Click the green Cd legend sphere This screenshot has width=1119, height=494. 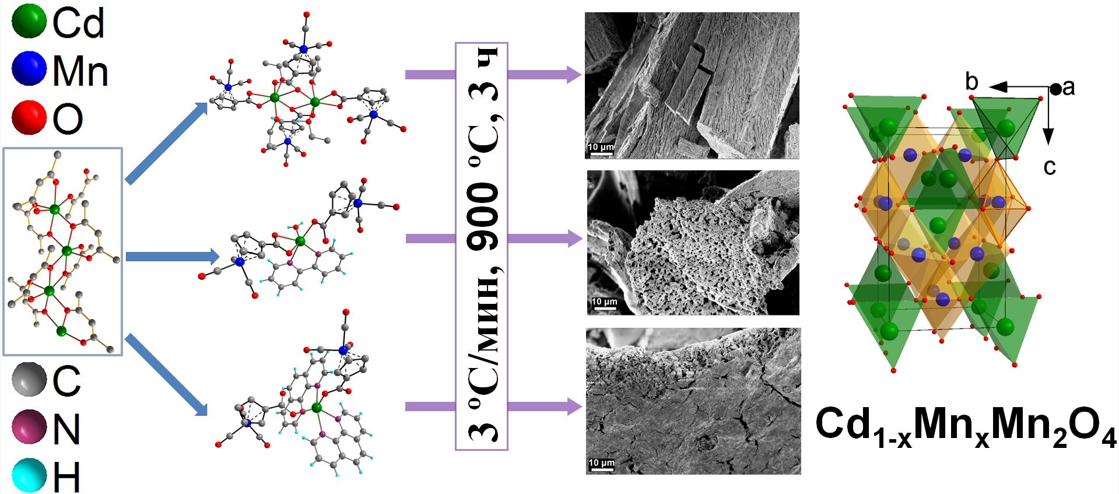tap(29, 22)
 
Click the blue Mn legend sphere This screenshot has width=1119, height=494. tap(29, 69)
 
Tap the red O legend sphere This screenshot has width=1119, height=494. tap(29, 117)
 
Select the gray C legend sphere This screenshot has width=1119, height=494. tap(29, 379)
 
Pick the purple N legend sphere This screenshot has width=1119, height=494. tap(29, 427)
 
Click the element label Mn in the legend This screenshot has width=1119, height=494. tap(80, 71)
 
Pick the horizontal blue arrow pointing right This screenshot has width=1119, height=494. tap(172, 257)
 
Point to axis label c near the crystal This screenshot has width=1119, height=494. tap(1050, 167)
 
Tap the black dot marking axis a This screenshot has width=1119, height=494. tap(1056, 89)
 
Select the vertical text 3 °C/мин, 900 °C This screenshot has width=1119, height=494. tap(482, 246)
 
